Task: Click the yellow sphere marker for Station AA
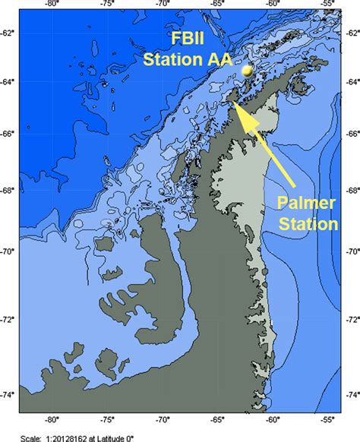[247, 70]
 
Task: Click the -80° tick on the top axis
[52, 5]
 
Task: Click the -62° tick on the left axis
[8, 33]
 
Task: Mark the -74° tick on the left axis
[8, 394]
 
